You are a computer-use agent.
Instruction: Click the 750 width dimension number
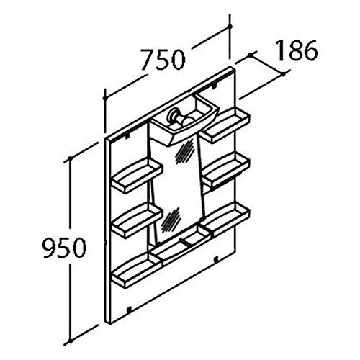pos(163,59)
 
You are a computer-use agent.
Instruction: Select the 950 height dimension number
pos(64,248)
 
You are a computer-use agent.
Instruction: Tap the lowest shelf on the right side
pos(226,217)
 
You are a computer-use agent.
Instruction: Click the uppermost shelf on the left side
pos(138,175)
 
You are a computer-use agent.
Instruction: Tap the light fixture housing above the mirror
pos(184,120)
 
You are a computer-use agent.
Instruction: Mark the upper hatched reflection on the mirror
pos(185,151)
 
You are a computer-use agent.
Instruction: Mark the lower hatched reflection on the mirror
pos(171,220)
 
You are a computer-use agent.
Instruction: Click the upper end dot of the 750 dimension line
pos(230,27)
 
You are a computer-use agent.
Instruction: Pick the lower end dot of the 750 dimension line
pos(104,98)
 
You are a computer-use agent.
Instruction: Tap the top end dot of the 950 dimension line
pos(71,158)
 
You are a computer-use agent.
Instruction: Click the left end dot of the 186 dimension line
pos(250,55)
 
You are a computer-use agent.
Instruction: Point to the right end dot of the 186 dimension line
pos(284,73)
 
